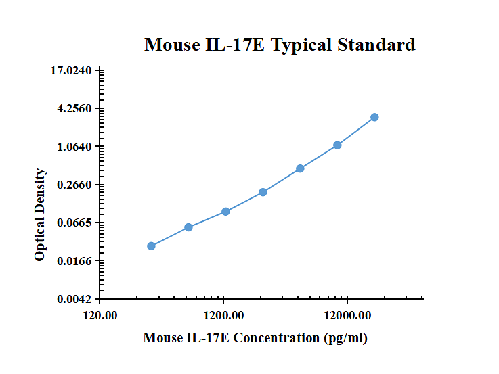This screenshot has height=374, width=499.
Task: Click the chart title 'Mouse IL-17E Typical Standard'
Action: click(x=280, y=45)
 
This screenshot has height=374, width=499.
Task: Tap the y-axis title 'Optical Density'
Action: click(x=41, y=215)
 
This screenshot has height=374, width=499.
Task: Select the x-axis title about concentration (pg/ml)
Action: click(x=255, y=337)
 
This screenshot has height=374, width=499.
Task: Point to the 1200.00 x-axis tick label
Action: click(x=223, y=315)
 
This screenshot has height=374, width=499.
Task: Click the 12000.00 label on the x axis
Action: click(x=347, y=315)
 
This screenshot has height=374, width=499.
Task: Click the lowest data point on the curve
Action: click(x=151, y=246)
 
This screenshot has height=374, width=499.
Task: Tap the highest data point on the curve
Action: click(x=374, y=118)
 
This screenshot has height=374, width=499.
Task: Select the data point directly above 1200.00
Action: click(x=225, y=212)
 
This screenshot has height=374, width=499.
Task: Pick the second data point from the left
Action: click(x=188, y=227)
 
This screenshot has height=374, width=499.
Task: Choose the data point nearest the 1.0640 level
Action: click(x=337, y=145)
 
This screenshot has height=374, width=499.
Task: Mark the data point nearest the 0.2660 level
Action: click(x=263, y=192)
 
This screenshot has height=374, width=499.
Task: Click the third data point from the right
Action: click(x=300, y=168)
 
